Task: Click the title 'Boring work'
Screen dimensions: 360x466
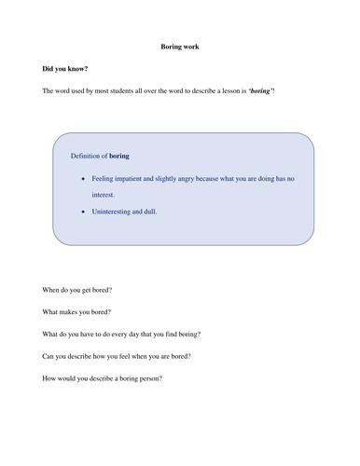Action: tap(179, 46)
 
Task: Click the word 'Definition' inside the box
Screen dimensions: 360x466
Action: tap(89, 157)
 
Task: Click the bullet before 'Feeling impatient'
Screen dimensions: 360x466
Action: tap(85, 177)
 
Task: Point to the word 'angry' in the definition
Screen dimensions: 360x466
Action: tap(194, 177)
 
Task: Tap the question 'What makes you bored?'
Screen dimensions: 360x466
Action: tap(76, 313)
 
